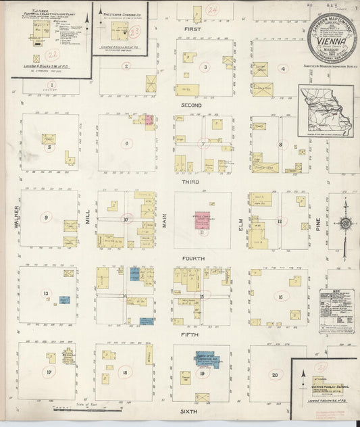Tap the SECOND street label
192,105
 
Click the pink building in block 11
202,221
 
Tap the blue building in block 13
64,299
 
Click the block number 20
274,374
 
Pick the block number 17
49,372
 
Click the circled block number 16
280,296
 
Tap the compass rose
345,224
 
